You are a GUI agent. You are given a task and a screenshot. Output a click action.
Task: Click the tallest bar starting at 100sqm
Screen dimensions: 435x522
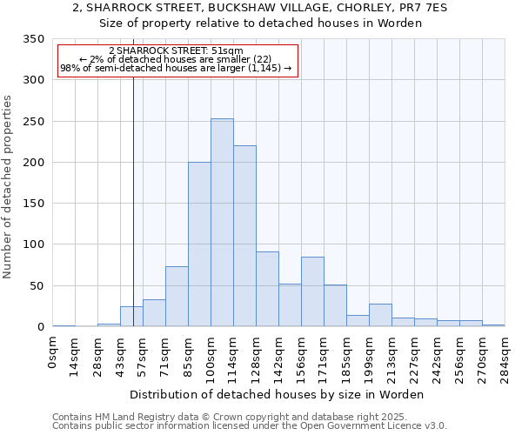click(222, 223)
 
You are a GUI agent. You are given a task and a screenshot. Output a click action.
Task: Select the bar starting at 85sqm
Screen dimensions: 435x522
click(199, 244)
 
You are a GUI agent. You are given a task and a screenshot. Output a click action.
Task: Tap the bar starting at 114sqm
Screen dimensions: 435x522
click(244, 236)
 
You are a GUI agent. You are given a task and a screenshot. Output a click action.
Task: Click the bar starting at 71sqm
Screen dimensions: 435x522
click(177, 297)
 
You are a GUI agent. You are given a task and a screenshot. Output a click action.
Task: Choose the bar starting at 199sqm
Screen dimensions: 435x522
click(380, 315)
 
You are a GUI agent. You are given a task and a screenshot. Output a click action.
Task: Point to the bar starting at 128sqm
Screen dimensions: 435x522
click(267, 289)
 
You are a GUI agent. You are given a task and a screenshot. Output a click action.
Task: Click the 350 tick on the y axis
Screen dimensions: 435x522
click(34, 39)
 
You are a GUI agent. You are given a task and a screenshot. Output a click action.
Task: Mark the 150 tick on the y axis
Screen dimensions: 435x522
click(34, 204)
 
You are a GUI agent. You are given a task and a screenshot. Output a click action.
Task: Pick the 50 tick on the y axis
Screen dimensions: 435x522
click(37, 285)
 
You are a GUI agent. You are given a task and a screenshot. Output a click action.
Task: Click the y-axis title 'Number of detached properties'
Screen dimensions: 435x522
click(10, 186)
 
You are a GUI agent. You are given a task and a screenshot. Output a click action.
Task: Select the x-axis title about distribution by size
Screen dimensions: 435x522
click(282, 394)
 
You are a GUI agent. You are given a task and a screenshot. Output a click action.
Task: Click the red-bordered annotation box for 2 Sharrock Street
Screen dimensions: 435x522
click(177, 61)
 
